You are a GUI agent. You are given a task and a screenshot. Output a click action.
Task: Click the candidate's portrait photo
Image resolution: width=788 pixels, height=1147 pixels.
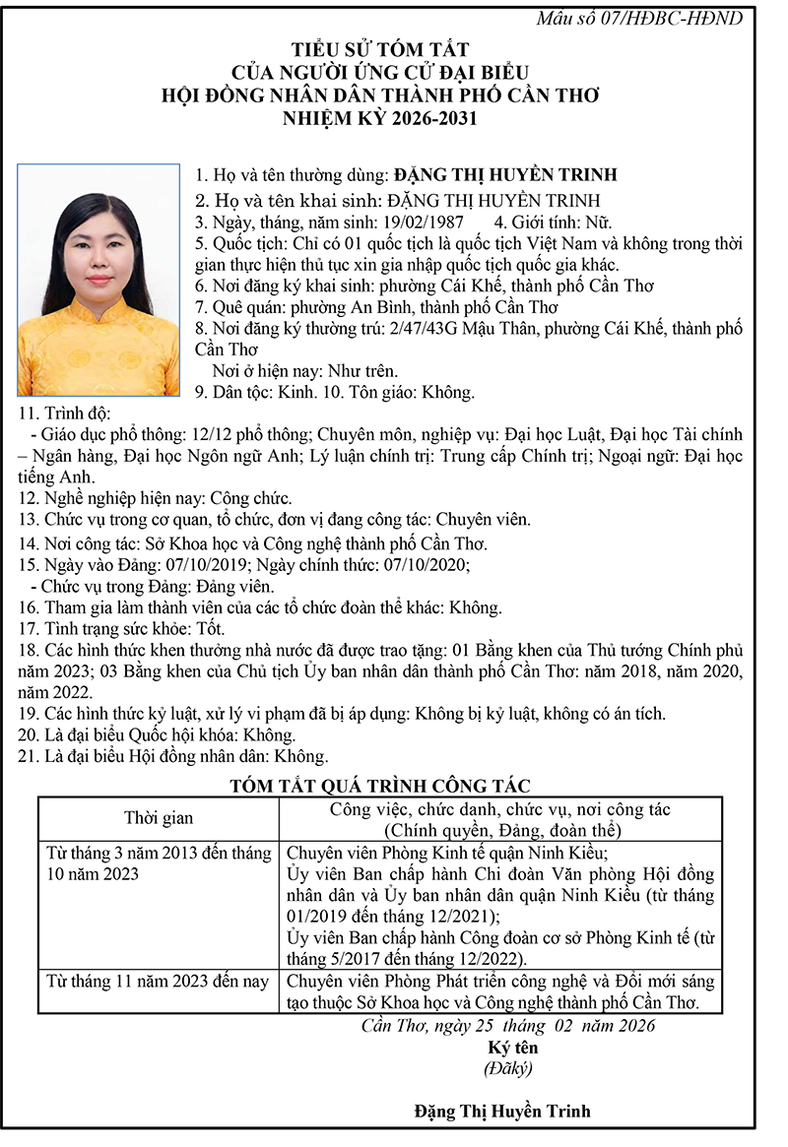(99, 280)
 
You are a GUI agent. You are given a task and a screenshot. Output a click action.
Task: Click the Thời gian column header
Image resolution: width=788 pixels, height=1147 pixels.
(159, 818)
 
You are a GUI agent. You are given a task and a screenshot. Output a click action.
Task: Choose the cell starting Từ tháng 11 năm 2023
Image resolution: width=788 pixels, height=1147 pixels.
(159, 982)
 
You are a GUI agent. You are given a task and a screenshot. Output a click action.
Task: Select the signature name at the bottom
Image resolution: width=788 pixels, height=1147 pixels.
(502, 1112)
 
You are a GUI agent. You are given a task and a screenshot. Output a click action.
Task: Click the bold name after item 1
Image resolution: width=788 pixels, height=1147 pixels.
(505, 175)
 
